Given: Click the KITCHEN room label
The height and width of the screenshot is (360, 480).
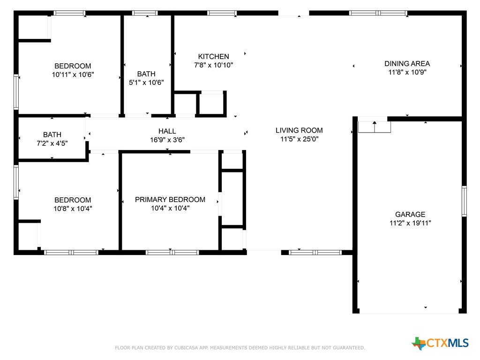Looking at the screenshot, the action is point(213,57).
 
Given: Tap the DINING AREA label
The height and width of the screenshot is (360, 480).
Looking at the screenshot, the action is point(407,64).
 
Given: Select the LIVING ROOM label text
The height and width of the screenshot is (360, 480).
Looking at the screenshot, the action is point(299,130).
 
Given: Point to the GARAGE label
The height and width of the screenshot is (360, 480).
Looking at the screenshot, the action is point(410,214).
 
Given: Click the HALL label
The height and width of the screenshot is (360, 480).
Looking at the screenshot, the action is point(167,131).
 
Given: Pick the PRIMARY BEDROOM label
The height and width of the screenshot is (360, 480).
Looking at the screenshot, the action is point(170,200).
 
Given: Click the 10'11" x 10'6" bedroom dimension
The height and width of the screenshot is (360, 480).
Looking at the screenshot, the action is point(73,75).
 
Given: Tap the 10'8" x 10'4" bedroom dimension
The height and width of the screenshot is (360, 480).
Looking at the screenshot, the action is point(73,209).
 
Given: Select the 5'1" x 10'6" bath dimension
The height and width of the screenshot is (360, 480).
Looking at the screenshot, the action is point(146,82).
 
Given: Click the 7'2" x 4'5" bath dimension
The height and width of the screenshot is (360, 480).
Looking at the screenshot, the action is point(52,143).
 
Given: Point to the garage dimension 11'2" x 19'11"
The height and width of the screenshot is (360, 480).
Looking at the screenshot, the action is point(410,223).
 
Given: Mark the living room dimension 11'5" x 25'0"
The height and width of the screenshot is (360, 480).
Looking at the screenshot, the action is point(300,139).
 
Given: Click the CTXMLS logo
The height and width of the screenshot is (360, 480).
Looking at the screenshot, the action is point(440,343).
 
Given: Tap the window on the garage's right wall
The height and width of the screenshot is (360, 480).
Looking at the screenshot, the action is point(464,201).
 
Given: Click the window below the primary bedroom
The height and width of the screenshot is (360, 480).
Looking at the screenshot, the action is point(172,253).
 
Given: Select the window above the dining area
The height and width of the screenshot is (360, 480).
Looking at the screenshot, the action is point(378,13).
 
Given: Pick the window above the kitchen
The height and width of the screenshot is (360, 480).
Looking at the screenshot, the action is point(222,13).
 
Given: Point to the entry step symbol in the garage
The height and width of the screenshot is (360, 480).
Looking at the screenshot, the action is point(375,127).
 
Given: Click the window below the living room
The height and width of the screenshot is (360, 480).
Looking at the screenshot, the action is point(315,253).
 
